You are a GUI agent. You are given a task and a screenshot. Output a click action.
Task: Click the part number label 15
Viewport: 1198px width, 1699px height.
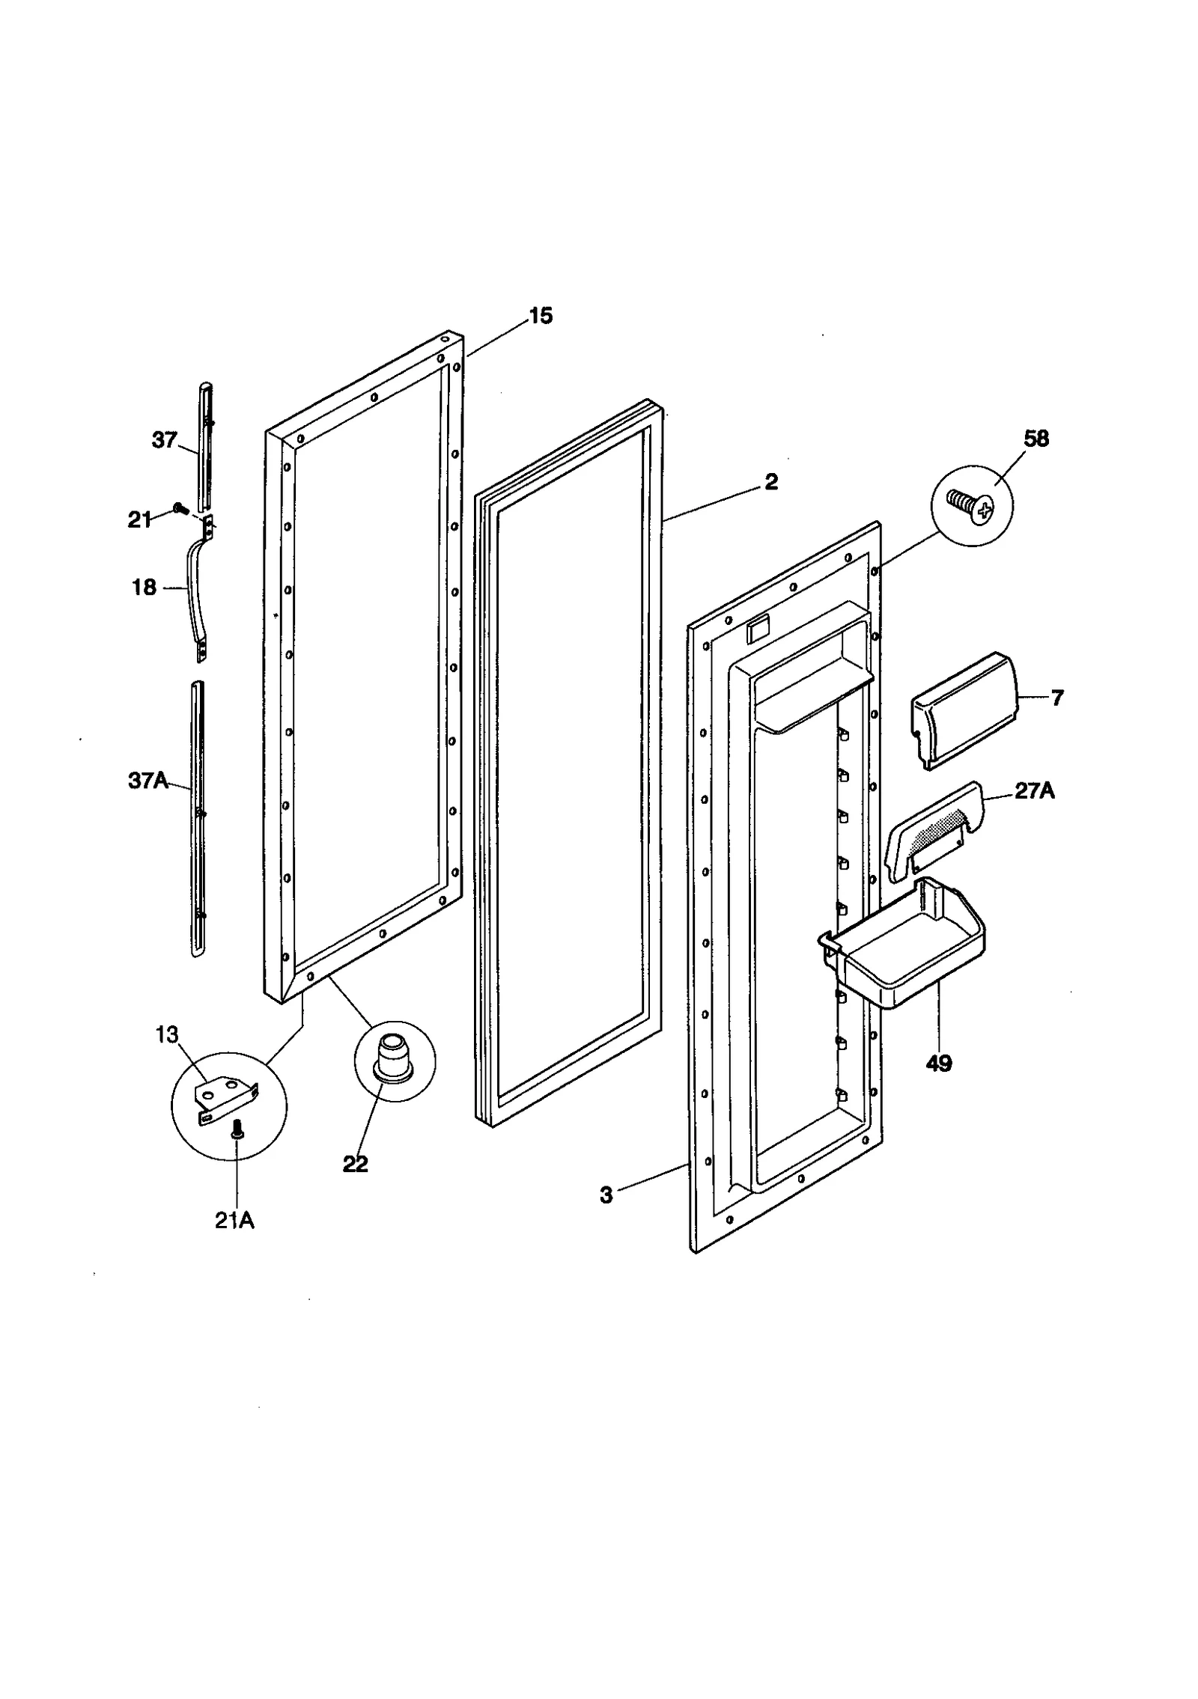pos(540,316)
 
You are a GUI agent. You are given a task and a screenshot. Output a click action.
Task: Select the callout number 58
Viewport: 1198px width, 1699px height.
pos(1036,439)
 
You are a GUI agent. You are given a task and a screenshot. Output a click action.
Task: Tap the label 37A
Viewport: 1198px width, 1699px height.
pos(148,781)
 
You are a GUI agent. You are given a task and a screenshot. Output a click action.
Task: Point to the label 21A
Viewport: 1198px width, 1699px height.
pos(234,1221)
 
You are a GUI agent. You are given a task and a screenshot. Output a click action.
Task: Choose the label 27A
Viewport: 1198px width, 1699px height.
pos(1034,791)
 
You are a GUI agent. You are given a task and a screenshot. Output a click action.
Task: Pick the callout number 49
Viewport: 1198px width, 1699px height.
pos(938,1063)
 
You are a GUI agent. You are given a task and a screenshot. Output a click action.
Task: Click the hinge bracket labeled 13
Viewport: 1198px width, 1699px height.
pos(226,1098)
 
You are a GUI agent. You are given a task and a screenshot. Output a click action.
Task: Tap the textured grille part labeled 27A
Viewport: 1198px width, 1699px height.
pos(933,829)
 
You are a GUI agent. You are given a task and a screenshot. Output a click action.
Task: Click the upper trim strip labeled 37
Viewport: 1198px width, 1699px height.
pos(204,445)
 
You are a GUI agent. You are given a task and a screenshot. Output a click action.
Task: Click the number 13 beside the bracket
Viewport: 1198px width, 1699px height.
pos(167,1035)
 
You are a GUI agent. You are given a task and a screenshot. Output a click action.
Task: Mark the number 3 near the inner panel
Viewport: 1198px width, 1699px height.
pos(606,1195)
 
